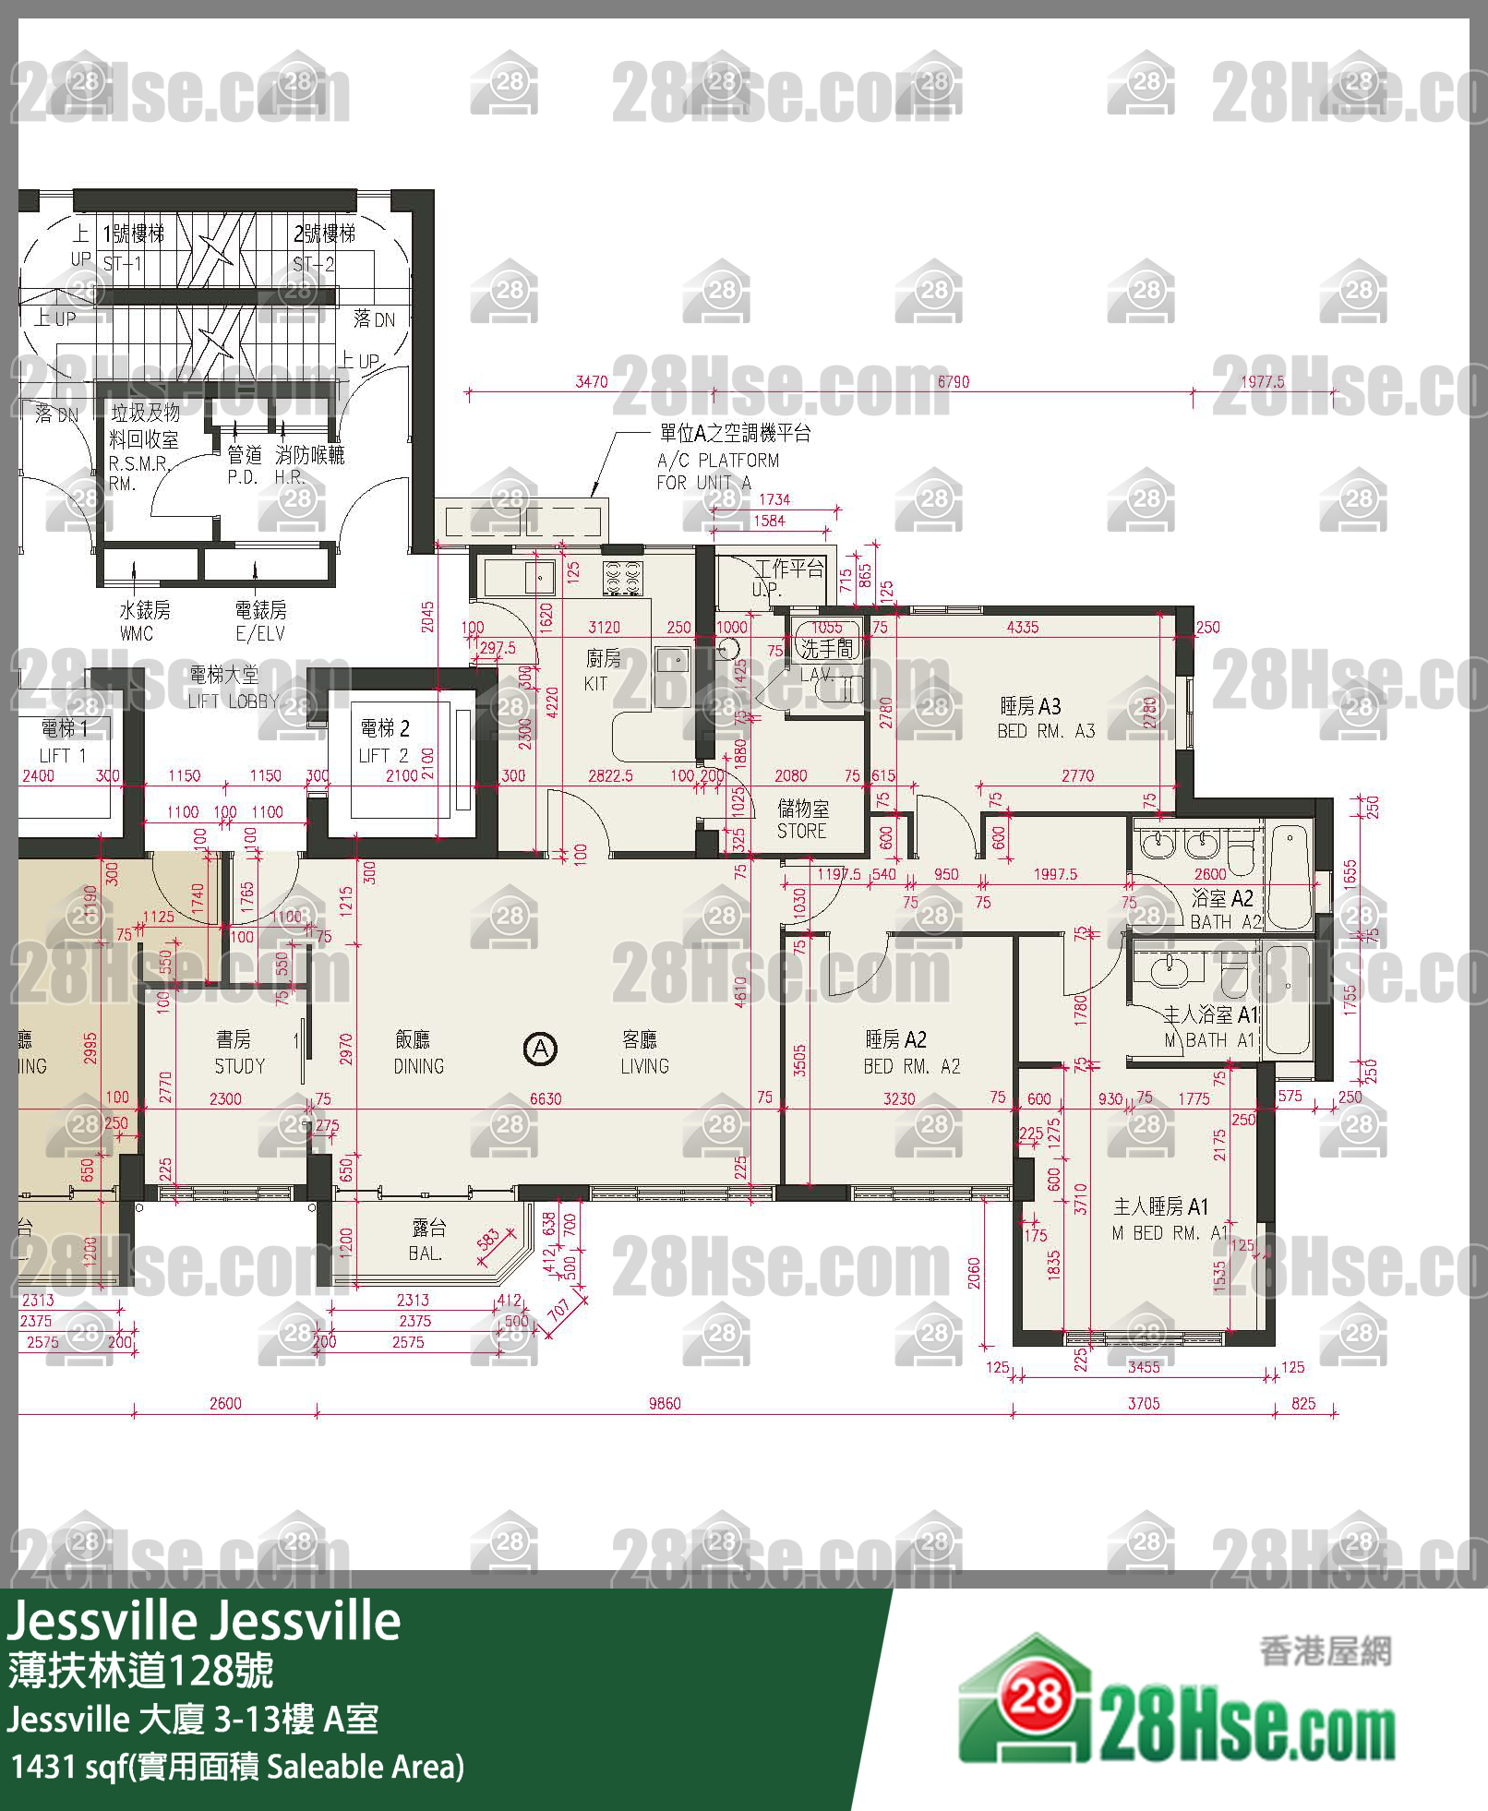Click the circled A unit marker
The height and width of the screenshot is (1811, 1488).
540,1049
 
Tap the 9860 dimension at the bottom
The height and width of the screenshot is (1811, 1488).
664,1404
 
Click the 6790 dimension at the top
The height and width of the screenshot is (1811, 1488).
953,381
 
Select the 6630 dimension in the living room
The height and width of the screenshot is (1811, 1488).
545,1098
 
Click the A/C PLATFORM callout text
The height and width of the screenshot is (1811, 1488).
718,460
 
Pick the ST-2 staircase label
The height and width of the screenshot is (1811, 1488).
313,264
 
